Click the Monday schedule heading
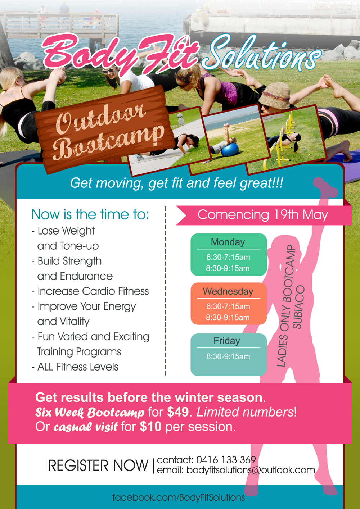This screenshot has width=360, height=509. (x=228, y=242)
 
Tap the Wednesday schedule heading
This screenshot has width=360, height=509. (x=228, y=291)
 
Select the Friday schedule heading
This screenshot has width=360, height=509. (x=227, y=341)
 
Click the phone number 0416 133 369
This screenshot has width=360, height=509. (x=226, y=460)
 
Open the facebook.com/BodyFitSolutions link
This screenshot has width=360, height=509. (x=179, y=497)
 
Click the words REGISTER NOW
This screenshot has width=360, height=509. (x=98, y=465)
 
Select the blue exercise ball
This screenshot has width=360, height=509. (x=230, y=150)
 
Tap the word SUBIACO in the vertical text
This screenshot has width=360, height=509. (x=298, y=307)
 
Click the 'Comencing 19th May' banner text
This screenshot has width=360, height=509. (x=263, y=214)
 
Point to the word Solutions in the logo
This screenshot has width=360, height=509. (x=261, y=53)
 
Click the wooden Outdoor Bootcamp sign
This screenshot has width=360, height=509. (x=105, y=129)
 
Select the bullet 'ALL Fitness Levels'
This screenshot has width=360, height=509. (x=75, y=367)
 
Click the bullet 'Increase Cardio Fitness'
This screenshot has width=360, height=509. (x=90, y=291)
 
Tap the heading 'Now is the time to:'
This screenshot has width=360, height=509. (x=90, y=214)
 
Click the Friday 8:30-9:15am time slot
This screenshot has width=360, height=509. (x=228, y=356)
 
